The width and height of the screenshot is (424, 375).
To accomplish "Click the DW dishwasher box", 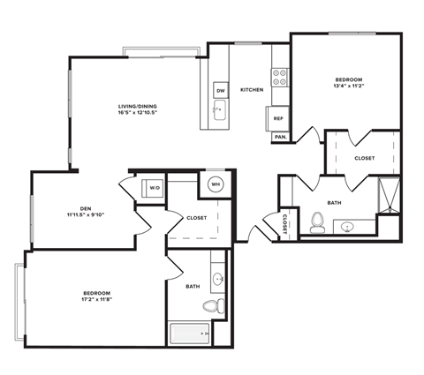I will (220, 90).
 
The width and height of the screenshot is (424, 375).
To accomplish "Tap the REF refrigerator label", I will (277, 118).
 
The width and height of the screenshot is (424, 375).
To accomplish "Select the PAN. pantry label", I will (279, 137).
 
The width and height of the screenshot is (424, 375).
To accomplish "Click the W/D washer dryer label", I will (154, 188).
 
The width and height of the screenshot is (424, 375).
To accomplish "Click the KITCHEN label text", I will (252, 89).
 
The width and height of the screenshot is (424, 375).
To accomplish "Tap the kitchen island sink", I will (217, 110).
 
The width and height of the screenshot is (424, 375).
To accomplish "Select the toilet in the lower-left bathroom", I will (210, 306).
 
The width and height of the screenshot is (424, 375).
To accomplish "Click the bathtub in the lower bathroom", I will (189, 334).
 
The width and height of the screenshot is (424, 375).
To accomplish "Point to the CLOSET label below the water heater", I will (196, 218).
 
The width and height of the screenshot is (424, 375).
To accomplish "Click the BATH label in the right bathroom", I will (334, 202).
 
